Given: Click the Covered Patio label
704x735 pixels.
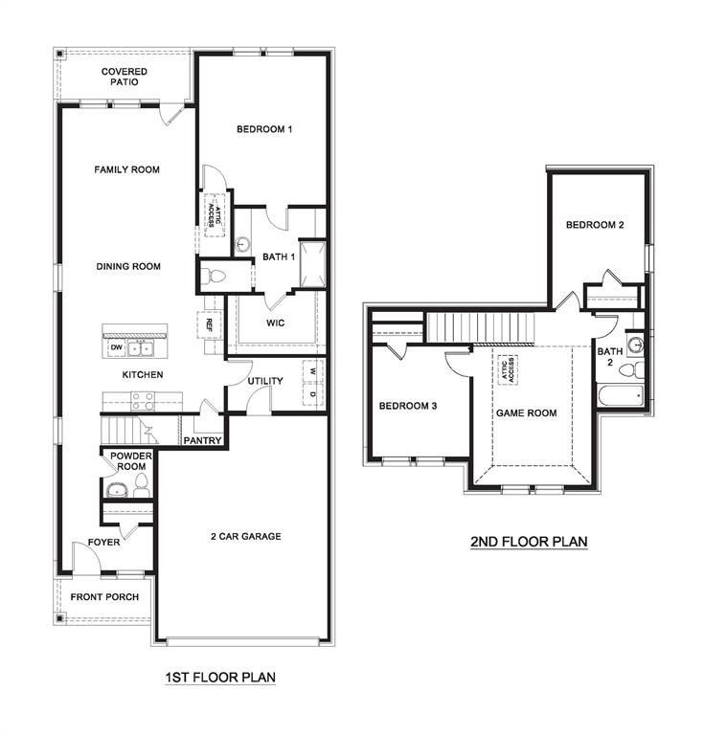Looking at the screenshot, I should point(125,77).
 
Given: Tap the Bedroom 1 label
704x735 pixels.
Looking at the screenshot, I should point(263,129).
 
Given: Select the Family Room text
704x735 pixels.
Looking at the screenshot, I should point(126,169).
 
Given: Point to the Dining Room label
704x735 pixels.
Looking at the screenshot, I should point(127,267).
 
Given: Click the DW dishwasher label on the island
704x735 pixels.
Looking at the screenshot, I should point(116,347).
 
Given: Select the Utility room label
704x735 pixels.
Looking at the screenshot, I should point(265,381).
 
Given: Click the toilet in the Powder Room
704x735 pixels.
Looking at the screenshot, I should point(142,484).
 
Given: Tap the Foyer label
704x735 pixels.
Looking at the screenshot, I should point(103,542).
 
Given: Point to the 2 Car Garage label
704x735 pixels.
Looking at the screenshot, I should point(246,536).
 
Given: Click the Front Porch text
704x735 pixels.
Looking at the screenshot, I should point(104,597).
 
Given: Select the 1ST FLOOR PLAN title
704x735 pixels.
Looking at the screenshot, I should point(220,678).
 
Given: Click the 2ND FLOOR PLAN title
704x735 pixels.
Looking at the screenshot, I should point(528,542).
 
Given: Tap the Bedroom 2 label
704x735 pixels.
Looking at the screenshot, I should point(595,225).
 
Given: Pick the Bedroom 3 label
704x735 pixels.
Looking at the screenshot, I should point(408,406).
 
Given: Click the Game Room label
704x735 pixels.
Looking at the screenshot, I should point(526,413).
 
